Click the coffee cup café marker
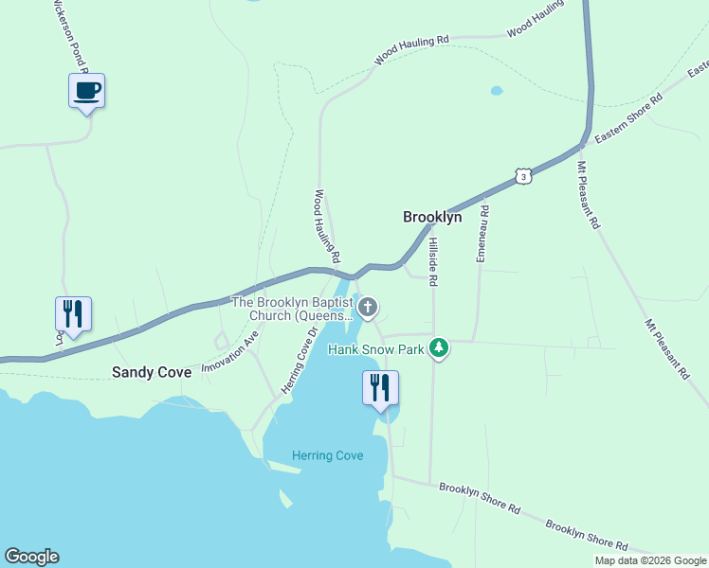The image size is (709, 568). pyautogui.click(x=86, y=92)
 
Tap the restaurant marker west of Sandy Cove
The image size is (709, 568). pyautogui.click(x=73, y=313)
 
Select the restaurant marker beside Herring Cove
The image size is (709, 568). pyautogui.click(x=381, y=388)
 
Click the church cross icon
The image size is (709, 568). pyautogui.click(x=368, y=307)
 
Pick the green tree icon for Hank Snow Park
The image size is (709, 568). pyautogui.click(x=438, y=348)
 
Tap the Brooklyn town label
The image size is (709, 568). pyautogui.click(x=432, y=217)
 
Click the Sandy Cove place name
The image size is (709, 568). pyautogui.click(x=152, y=372)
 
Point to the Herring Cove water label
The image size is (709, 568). pyautogui.click(x=327, y=455)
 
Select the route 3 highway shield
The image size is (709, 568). pyautogui.click(x=523, y=175)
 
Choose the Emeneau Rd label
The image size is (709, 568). pyautogui.click(x=482, y=234)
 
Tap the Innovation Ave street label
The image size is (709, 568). pyautogui.click(x=230, y=350)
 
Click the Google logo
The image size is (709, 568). pyautogui.click(x=31, y=557)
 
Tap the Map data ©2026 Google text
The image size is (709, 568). pyautogui.click(x=649, y=560)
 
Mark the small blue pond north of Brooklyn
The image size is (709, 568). pyautogui.click(x=497, y=92)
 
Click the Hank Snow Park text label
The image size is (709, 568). pyautogui.click(x=377, y=349)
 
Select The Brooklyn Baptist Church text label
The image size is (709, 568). pyautogui.click(x=293, y=308)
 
